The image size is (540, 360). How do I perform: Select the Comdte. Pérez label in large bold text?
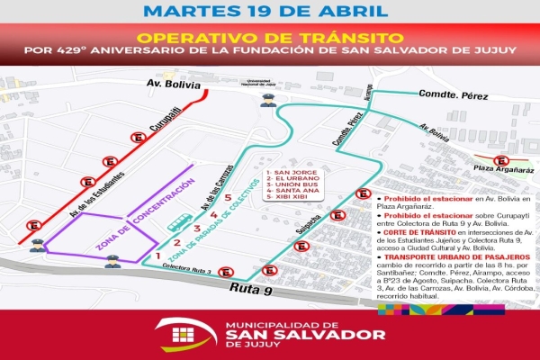pos(445,94)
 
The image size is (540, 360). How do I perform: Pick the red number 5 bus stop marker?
pos(228,197)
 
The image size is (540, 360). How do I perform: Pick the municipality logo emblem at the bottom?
pos(185,335)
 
